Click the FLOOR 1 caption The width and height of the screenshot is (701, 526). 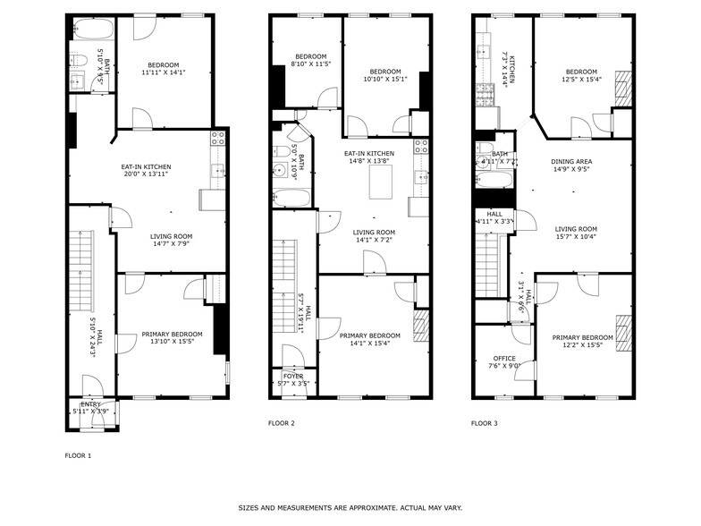[78, 455]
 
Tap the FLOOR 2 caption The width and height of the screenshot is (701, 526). [282, 422]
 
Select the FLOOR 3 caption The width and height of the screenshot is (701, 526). [485, 422]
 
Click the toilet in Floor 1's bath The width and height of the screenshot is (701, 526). [79, 61]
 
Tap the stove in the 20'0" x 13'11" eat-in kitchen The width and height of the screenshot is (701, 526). [217, 138]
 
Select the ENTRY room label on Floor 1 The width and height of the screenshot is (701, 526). [93, 404]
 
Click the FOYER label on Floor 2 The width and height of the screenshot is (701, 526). [293, 377]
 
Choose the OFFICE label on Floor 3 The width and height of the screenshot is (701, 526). [504, 358]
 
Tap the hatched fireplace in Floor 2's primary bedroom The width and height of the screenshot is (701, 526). [421, 327]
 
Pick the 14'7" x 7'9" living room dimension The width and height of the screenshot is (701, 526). [170, 243]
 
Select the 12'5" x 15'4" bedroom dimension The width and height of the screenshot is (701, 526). [581, 80]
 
